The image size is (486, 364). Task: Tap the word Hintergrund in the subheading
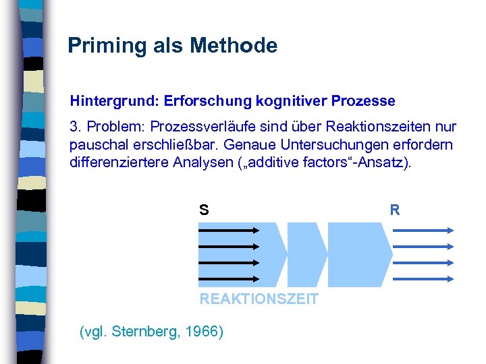point(111,102)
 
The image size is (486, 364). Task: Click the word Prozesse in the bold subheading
point(363,101)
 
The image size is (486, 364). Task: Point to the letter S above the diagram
point(203,210)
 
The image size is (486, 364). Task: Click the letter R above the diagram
point(395,210)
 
